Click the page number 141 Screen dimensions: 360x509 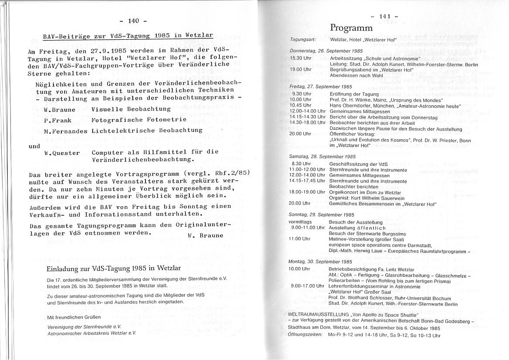tap(384, 17)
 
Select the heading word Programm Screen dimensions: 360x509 tap(351, 28)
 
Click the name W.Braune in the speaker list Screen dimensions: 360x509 tap(59, 110)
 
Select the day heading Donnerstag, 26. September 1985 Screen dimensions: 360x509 tap(320, 51)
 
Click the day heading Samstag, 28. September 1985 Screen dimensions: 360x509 tap(317, 156)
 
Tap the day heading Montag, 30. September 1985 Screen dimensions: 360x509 tap(317, 262)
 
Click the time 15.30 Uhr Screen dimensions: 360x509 tap(300, 58)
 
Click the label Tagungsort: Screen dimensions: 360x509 tap(303, 40)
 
